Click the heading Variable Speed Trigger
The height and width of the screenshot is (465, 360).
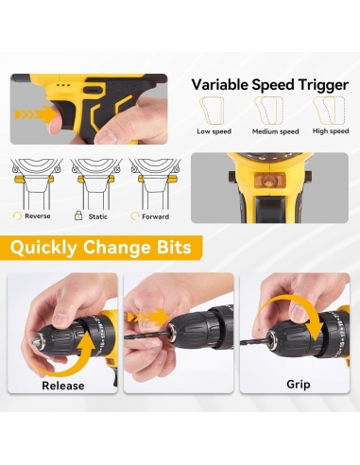(x=270, y=85)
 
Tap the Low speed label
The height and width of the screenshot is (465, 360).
(x=214, y=131)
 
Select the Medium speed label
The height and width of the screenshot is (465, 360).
(x=275, y=131)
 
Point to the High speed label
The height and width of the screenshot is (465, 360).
(x=331, y=131)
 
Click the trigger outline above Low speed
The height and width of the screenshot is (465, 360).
(x=212, y=111)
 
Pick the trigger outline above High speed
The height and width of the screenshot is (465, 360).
(x=329, y=111)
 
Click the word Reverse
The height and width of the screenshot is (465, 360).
(x=38, y=216)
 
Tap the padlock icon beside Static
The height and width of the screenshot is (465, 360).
(x=78, y=215)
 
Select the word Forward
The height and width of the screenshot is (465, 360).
(x=155, y=216)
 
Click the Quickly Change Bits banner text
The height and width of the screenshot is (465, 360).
(x=101, y=247)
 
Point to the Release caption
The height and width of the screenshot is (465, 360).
(x=63, y=386)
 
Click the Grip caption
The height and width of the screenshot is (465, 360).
(x=299, y=385)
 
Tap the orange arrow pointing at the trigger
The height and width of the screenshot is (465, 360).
(x=35, y=114)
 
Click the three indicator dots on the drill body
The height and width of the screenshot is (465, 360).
(x=63, y=85)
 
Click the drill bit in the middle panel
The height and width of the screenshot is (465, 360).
(x=147, y=334)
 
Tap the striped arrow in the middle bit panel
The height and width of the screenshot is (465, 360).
(x=147, y=317)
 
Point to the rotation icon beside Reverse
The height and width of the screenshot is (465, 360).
(x=17, y=216)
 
